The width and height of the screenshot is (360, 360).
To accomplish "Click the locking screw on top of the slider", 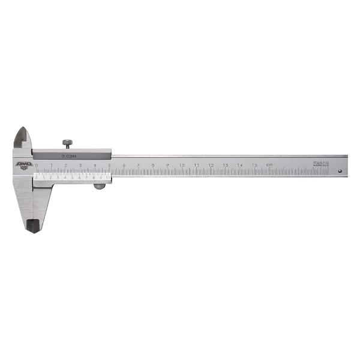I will [x=67, y=143].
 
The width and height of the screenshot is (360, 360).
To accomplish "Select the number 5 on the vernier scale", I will [x=73, y=178].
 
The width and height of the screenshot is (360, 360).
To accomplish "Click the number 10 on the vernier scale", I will [x=107, y=178].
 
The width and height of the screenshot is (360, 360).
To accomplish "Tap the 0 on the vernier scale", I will [x=37, y=178].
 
